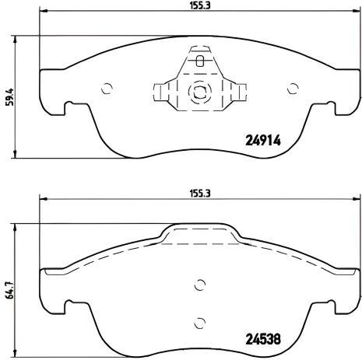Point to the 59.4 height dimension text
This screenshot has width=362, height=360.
click(x=8, y=97)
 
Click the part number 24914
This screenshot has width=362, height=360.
click(x=264, y=142)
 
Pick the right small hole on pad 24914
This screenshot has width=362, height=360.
click(x=293, y=87)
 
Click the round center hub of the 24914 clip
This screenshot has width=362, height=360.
click(x=200, y=90)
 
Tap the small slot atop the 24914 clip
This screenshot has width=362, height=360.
click(x=200, y=61)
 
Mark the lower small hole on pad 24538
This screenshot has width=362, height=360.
click(x=200, y=323)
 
